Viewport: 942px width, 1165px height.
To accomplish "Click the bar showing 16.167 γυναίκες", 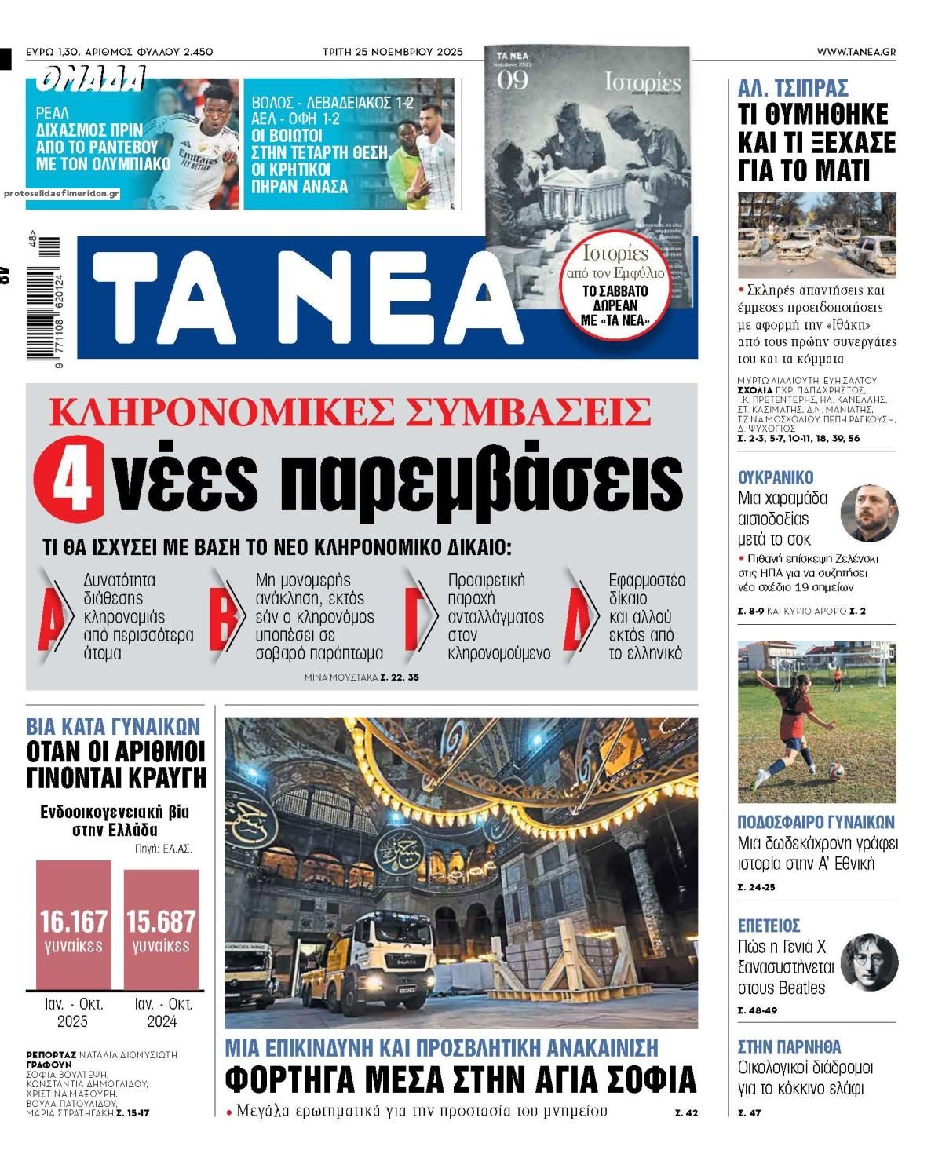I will [x=73, y=925].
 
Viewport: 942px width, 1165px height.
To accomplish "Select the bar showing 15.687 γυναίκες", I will [x=161, y=925].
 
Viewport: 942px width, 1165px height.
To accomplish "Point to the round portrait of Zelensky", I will [x=869, y=513].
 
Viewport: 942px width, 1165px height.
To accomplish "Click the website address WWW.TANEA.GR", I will [x=855, y=52].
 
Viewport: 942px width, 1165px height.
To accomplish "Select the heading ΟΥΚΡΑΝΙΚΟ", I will [x=776, y=477].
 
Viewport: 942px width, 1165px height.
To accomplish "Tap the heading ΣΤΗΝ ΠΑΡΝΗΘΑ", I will [x=789, y=1046].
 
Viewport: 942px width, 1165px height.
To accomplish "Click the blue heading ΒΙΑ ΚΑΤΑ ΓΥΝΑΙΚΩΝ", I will [x=113, y=725].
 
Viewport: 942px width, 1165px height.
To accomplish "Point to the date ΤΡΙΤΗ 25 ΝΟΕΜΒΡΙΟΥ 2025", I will [x=392, y=52].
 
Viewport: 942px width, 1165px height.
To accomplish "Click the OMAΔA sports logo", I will [x=90, y=79].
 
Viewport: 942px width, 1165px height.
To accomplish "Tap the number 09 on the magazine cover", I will [x=513, y=80].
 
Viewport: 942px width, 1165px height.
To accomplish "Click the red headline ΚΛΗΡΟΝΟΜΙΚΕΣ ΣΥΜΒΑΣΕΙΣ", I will [x=351, y=411].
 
